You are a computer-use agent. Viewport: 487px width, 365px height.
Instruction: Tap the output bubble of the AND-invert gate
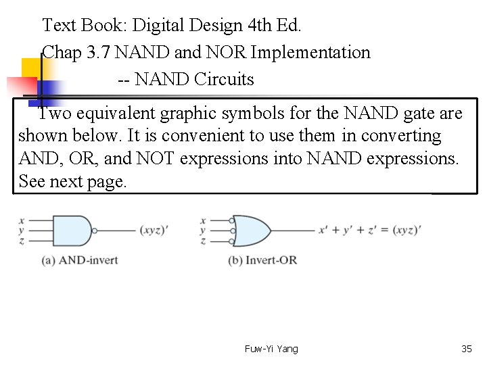pyautogui.click(x=95, y=230)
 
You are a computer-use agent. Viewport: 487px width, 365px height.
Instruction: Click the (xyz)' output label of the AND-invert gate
pyautogui.click(x=154, y=230)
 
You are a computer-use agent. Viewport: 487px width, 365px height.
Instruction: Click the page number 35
pyautogui.click(x=466, y=349)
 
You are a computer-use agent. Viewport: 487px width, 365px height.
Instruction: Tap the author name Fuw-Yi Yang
pyautogui.click(x=271, y=349)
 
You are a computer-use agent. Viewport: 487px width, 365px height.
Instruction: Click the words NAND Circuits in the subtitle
pyautogui.click(x=194, y=80)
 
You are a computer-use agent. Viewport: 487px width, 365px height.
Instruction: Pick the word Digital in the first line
pyautogui.click(x=156, y=26)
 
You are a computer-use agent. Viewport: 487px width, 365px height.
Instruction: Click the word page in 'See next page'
pyautogui.click(x=108, y=182)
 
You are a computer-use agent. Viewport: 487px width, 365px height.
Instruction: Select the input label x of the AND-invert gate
pyautogui.click(x=22, y=220)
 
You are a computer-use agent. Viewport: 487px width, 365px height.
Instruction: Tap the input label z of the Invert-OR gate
pyautogui.click(x=203, y=241)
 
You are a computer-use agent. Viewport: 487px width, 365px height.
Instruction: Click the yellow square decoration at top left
pyautogui.click(x=32, y=69)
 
